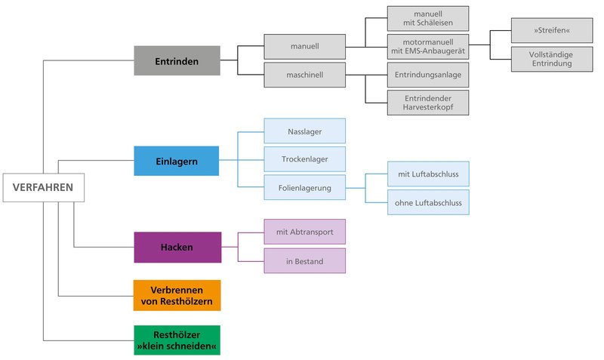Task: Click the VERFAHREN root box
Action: point(43,188)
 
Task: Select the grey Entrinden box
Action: point(177,61)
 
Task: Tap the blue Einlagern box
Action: point(177,161)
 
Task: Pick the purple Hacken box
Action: point(177,247)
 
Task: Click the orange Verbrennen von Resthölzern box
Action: point(177,295)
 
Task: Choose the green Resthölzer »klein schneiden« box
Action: point(177,340)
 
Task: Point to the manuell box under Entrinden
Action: point(304,46)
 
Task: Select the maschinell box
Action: point(304,75)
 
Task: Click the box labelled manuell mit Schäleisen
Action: point(428,19)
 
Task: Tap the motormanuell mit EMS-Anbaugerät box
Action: point(428,46)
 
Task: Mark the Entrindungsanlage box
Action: point(428,75)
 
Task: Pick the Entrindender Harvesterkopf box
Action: point(428,103)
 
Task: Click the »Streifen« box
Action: point(551,31)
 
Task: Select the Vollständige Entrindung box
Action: point(551,59)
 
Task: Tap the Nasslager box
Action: point(304,131)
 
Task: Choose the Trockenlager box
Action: point(304,159)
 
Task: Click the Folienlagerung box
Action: point(304,187)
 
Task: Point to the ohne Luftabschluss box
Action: point(428,202)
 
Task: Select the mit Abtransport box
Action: point(304,232)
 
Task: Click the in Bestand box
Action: point(304,260)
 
